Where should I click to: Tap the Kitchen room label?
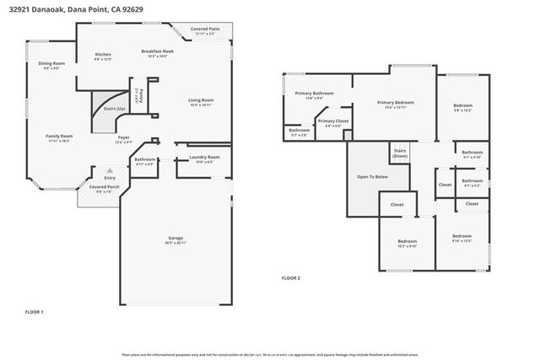103,54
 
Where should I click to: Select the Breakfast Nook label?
158,52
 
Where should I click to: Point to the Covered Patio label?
206,30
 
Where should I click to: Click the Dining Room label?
51,64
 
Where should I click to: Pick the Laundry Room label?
204,157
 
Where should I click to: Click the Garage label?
175,239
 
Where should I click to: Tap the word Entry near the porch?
110,178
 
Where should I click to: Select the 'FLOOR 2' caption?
291,277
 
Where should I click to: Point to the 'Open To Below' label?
372,177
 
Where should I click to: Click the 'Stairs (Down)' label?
400,153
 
